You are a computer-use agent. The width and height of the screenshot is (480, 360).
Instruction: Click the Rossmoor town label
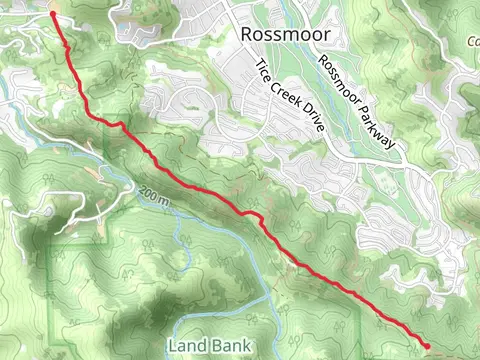[x=286, y=35]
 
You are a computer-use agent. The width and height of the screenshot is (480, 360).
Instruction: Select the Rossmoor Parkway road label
[x=358, y=101]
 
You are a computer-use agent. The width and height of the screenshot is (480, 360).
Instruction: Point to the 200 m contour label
[x=156, y=196]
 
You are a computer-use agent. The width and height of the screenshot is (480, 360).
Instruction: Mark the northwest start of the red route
[x=52, y=14]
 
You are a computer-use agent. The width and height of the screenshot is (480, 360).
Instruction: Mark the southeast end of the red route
[x=428, y=346]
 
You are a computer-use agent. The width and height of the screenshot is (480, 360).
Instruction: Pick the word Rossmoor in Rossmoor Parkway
[x=340, y=80]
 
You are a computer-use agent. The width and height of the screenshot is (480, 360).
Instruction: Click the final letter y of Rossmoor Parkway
[x=393, y=145]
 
